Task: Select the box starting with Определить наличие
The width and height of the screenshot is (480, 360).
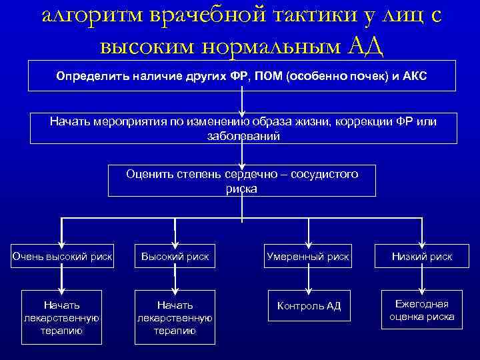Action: pyautogui.click(x=241, y=75)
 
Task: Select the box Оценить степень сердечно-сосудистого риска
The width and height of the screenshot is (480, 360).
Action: pyautogui.click(x=242, y=180)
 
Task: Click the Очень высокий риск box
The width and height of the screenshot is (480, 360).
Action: pyautogui.click(x=62, y=256)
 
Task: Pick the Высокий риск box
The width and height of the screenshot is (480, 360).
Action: pyautogui.click(x=175, y=256)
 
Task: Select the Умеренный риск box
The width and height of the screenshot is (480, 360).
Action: pyautogui.click(x=307, y=256)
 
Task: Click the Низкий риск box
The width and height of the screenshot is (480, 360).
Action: pyautogui.click(x=421, y=256)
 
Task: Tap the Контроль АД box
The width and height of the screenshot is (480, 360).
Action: pyautogui.click(x=307, y=306)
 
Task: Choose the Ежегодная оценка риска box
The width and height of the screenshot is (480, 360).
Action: pyautogui.click(x=421, y=309)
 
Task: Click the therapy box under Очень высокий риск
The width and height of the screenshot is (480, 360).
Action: pyautogui.click(x=61, y=317)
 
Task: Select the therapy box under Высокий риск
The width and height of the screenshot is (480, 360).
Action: pyautogui.click(x=175, y=317)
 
